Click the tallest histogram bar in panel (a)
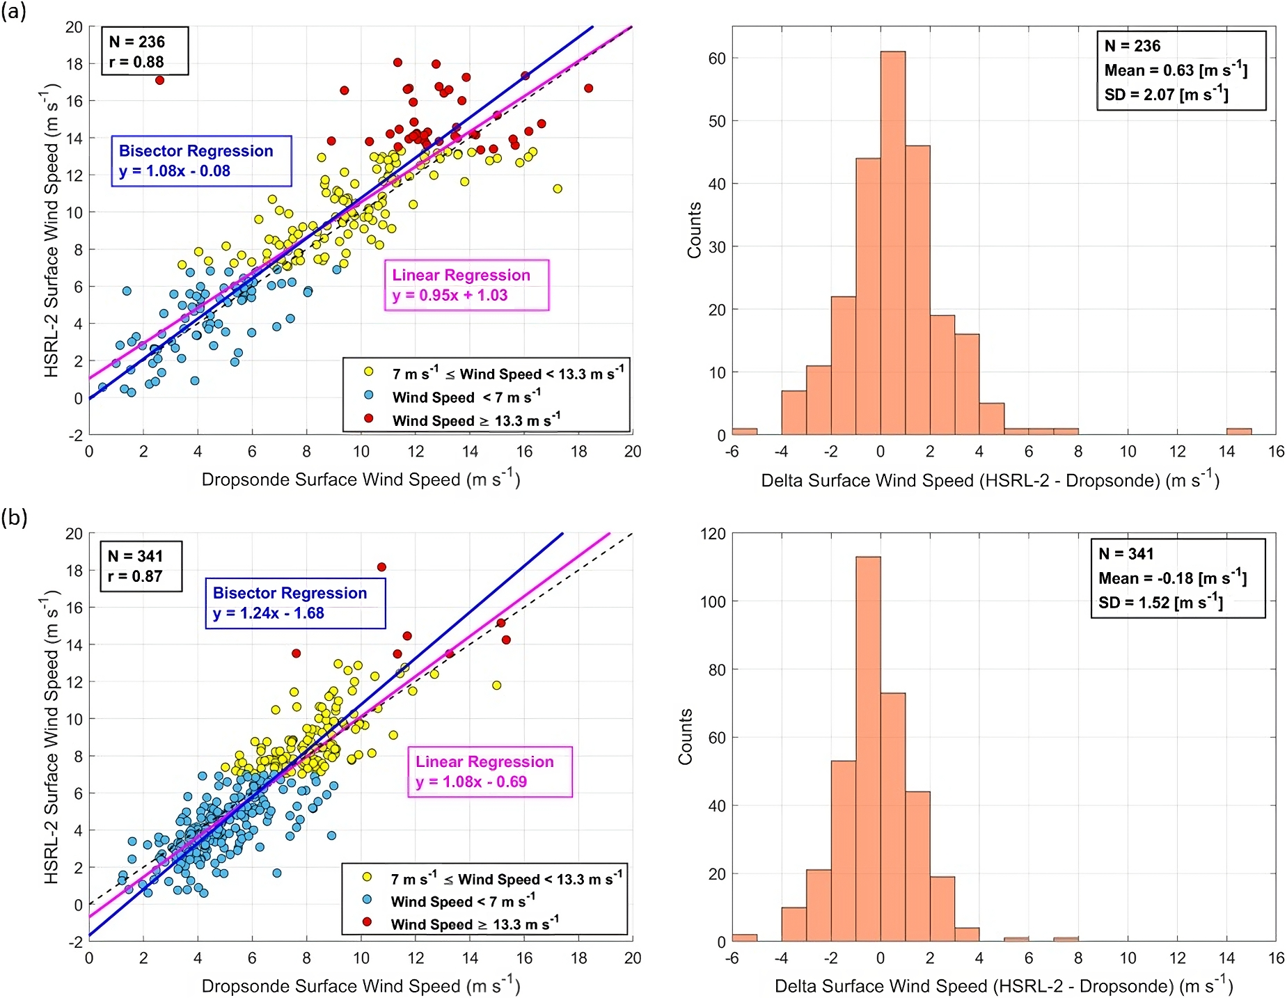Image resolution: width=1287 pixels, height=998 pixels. coord(892,244)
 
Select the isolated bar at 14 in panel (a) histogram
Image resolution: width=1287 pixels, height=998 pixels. coord(1238,431)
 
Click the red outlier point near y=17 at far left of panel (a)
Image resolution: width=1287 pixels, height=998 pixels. coord(159,80)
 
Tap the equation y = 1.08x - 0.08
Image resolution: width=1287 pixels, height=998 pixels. coord(175,171)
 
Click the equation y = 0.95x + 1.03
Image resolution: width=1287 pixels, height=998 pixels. coord(450,295)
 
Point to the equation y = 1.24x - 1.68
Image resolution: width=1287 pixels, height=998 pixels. coord(269,613)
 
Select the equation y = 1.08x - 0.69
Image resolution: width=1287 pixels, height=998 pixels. coord(471,782)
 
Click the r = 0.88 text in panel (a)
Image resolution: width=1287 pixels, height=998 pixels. coord(136,62)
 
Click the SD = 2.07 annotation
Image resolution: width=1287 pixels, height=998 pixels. coord(1166,94)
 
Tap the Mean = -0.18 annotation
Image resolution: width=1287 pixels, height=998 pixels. coord(1172,578)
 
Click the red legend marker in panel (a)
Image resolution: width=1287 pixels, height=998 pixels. coord(369,418)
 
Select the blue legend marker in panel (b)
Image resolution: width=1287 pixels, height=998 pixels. coord(368,899)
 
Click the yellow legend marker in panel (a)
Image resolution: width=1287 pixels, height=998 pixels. coord(369,372)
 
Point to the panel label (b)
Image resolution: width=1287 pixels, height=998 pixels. coord(14,517)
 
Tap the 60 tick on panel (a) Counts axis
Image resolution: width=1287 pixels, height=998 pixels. coord(717,58)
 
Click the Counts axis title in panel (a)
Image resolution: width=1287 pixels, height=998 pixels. coord(694,230)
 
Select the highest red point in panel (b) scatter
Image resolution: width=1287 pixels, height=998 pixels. coord(381,567)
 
